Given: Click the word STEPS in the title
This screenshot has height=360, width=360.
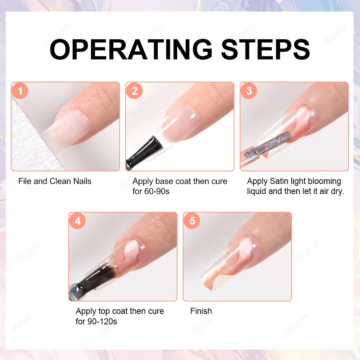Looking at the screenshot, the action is point(265,49).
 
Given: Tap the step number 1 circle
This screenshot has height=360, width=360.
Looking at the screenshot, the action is point(20,91).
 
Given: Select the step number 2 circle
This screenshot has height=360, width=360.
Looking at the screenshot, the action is point(134,91).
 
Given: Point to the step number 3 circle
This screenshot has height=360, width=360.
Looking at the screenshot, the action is point(249,91).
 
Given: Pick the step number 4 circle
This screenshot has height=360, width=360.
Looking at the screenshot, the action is point(77,221).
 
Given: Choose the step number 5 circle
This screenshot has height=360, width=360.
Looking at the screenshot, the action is point(192,221).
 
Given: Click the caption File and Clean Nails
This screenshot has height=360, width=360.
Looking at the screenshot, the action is point(55,181).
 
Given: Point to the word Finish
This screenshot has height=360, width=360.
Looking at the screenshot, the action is point(201,311).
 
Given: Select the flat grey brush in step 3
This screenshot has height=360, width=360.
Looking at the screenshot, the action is point(273,142).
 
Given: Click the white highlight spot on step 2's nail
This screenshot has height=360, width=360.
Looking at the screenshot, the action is point(192,116).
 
